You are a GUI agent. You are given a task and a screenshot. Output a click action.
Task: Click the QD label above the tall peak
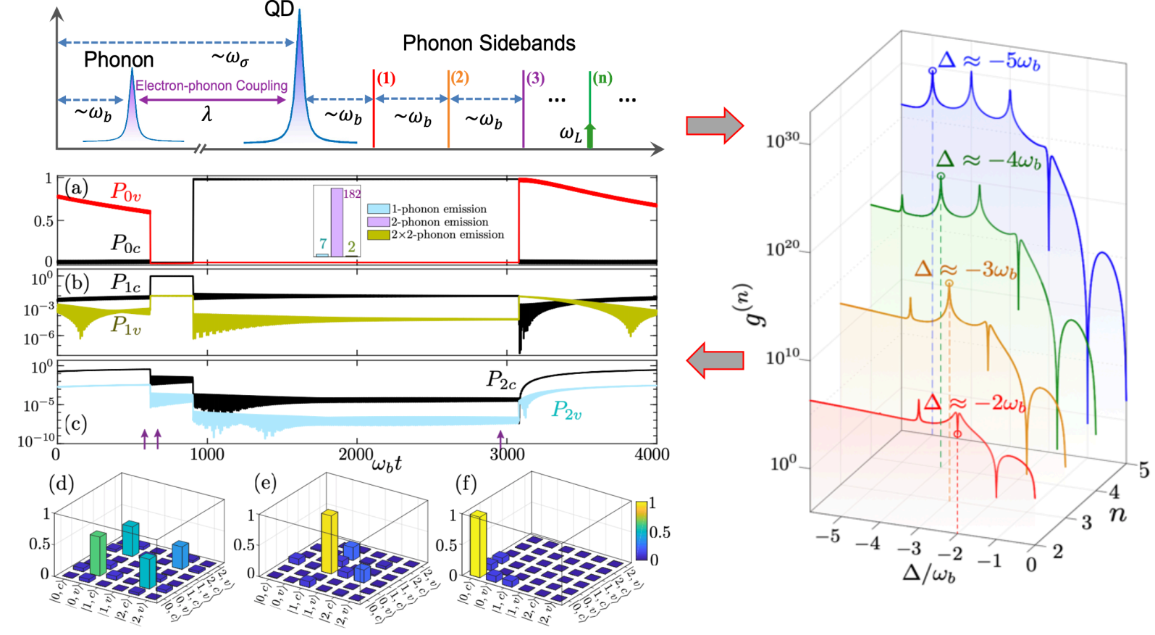pyautogui.click(x=279, y=10)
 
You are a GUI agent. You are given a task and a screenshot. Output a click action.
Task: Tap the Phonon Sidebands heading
pyautogui.click(x=489, y=43)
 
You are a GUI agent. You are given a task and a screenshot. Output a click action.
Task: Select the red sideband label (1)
pyautogui.click(x=386, y=78)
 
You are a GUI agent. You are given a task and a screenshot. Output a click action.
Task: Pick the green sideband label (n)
pyautogui.click(x=602, y=78)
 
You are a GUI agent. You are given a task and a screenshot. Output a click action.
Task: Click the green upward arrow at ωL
pyautogui.click(x=590, y=136)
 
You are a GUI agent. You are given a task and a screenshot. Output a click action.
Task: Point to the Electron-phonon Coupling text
pyautogui.click(x=211, y=86)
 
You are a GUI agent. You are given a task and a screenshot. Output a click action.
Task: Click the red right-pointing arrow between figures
pyautogui.click(x=714, y=126)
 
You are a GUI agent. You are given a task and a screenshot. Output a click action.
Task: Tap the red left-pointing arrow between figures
pyautogui.click(x=715, y=360)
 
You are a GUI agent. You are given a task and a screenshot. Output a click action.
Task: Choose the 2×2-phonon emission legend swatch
pyautogui.click(x=378, y=235)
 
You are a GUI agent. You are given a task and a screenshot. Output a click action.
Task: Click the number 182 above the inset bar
pyautogui.click(x=352, y=194)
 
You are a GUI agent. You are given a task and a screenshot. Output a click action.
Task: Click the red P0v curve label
pyautogui.click(x=125, y=192)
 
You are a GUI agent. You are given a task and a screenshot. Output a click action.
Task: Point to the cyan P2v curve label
pyautogui.click(x=566, y=410)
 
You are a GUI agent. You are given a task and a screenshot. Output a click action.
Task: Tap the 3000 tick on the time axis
pyautogui.click(x=506, y=455)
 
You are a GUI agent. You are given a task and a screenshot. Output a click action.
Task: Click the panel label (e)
pyautogui.click(x=264, y=483)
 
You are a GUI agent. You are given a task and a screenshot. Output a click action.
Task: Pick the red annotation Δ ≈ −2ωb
pyautogui.click(x=975, y=403)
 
